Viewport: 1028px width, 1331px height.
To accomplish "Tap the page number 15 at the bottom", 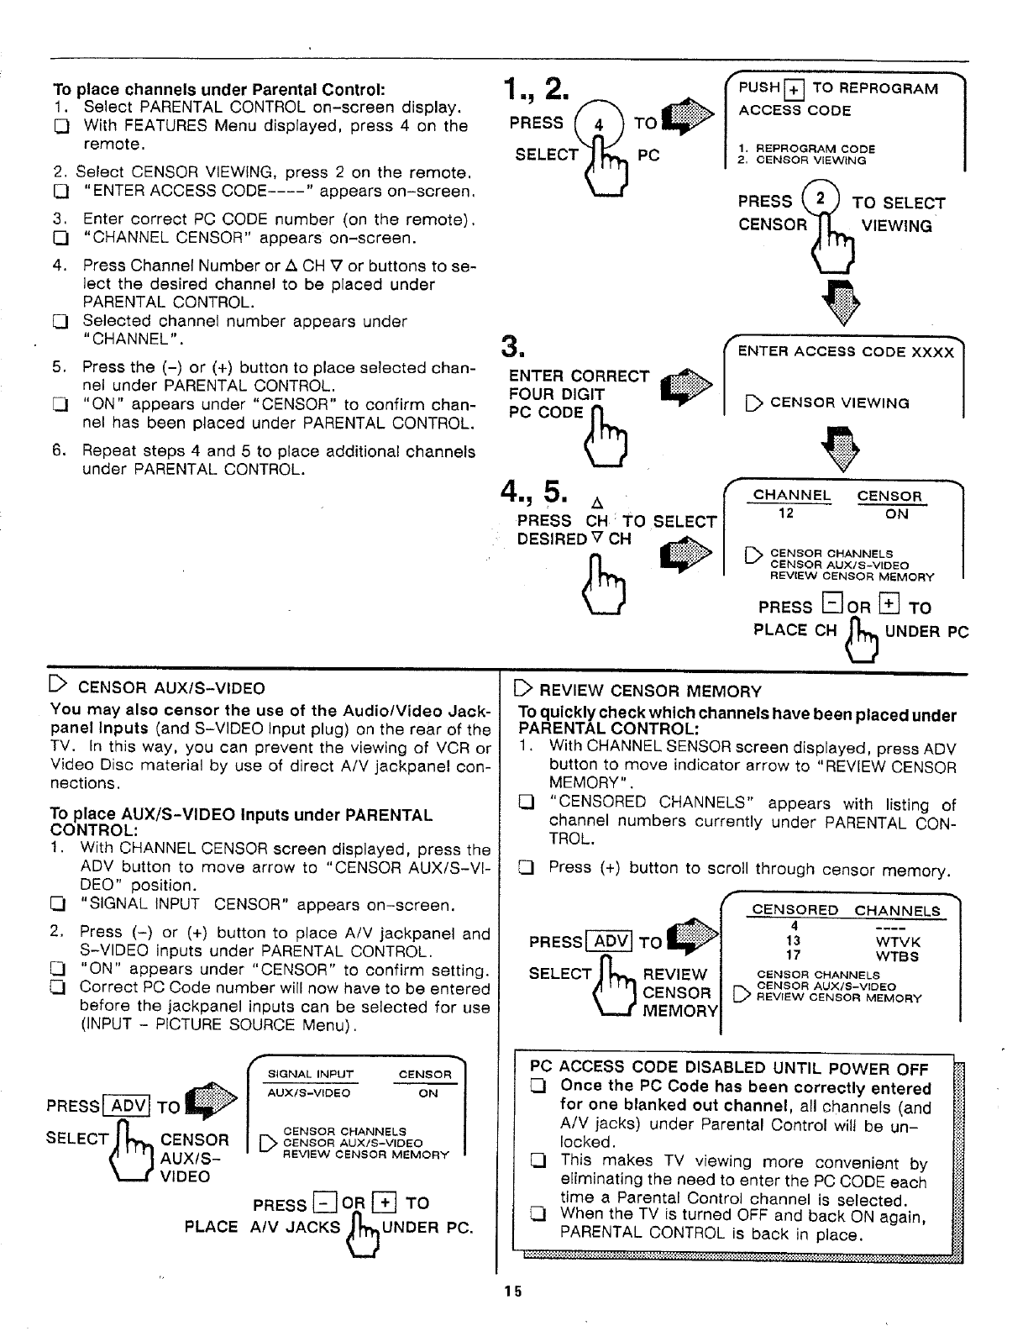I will click(x=513, y=1292).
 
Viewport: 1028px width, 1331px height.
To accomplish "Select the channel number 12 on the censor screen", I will click(x=786, y=513).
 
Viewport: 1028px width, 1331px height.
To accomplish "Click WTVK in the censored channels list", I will click(x=898, y=942).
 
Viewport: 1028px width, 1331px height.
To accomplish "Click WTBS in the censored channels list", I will click(x=898, y=956).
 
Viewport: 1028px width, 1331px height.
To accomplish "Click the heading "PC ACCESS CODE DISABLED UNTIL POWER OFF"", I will click(x=729, y=1069).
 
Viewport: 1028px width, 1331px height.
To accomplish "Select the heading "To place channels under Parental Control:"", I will click(x=218, y=89).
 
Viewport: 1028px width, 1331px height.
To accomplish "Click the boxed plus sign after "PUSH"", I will click(x=794, y=89).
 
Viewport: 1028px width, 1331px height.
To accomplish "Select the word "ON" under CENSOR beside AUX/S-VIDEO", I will click(x=427, y=1093).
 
